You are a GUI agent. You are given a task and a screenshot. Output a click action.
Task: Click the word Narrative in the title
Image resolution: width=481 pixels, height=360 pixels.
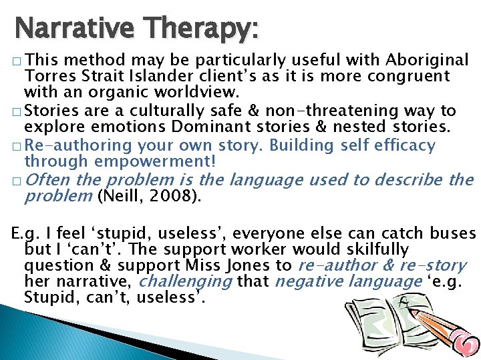(x=65, y=29)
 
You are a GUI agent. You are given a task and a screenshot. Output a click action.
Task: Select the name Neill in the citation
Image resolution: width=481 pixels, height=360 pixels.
(x=118, y=196)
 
